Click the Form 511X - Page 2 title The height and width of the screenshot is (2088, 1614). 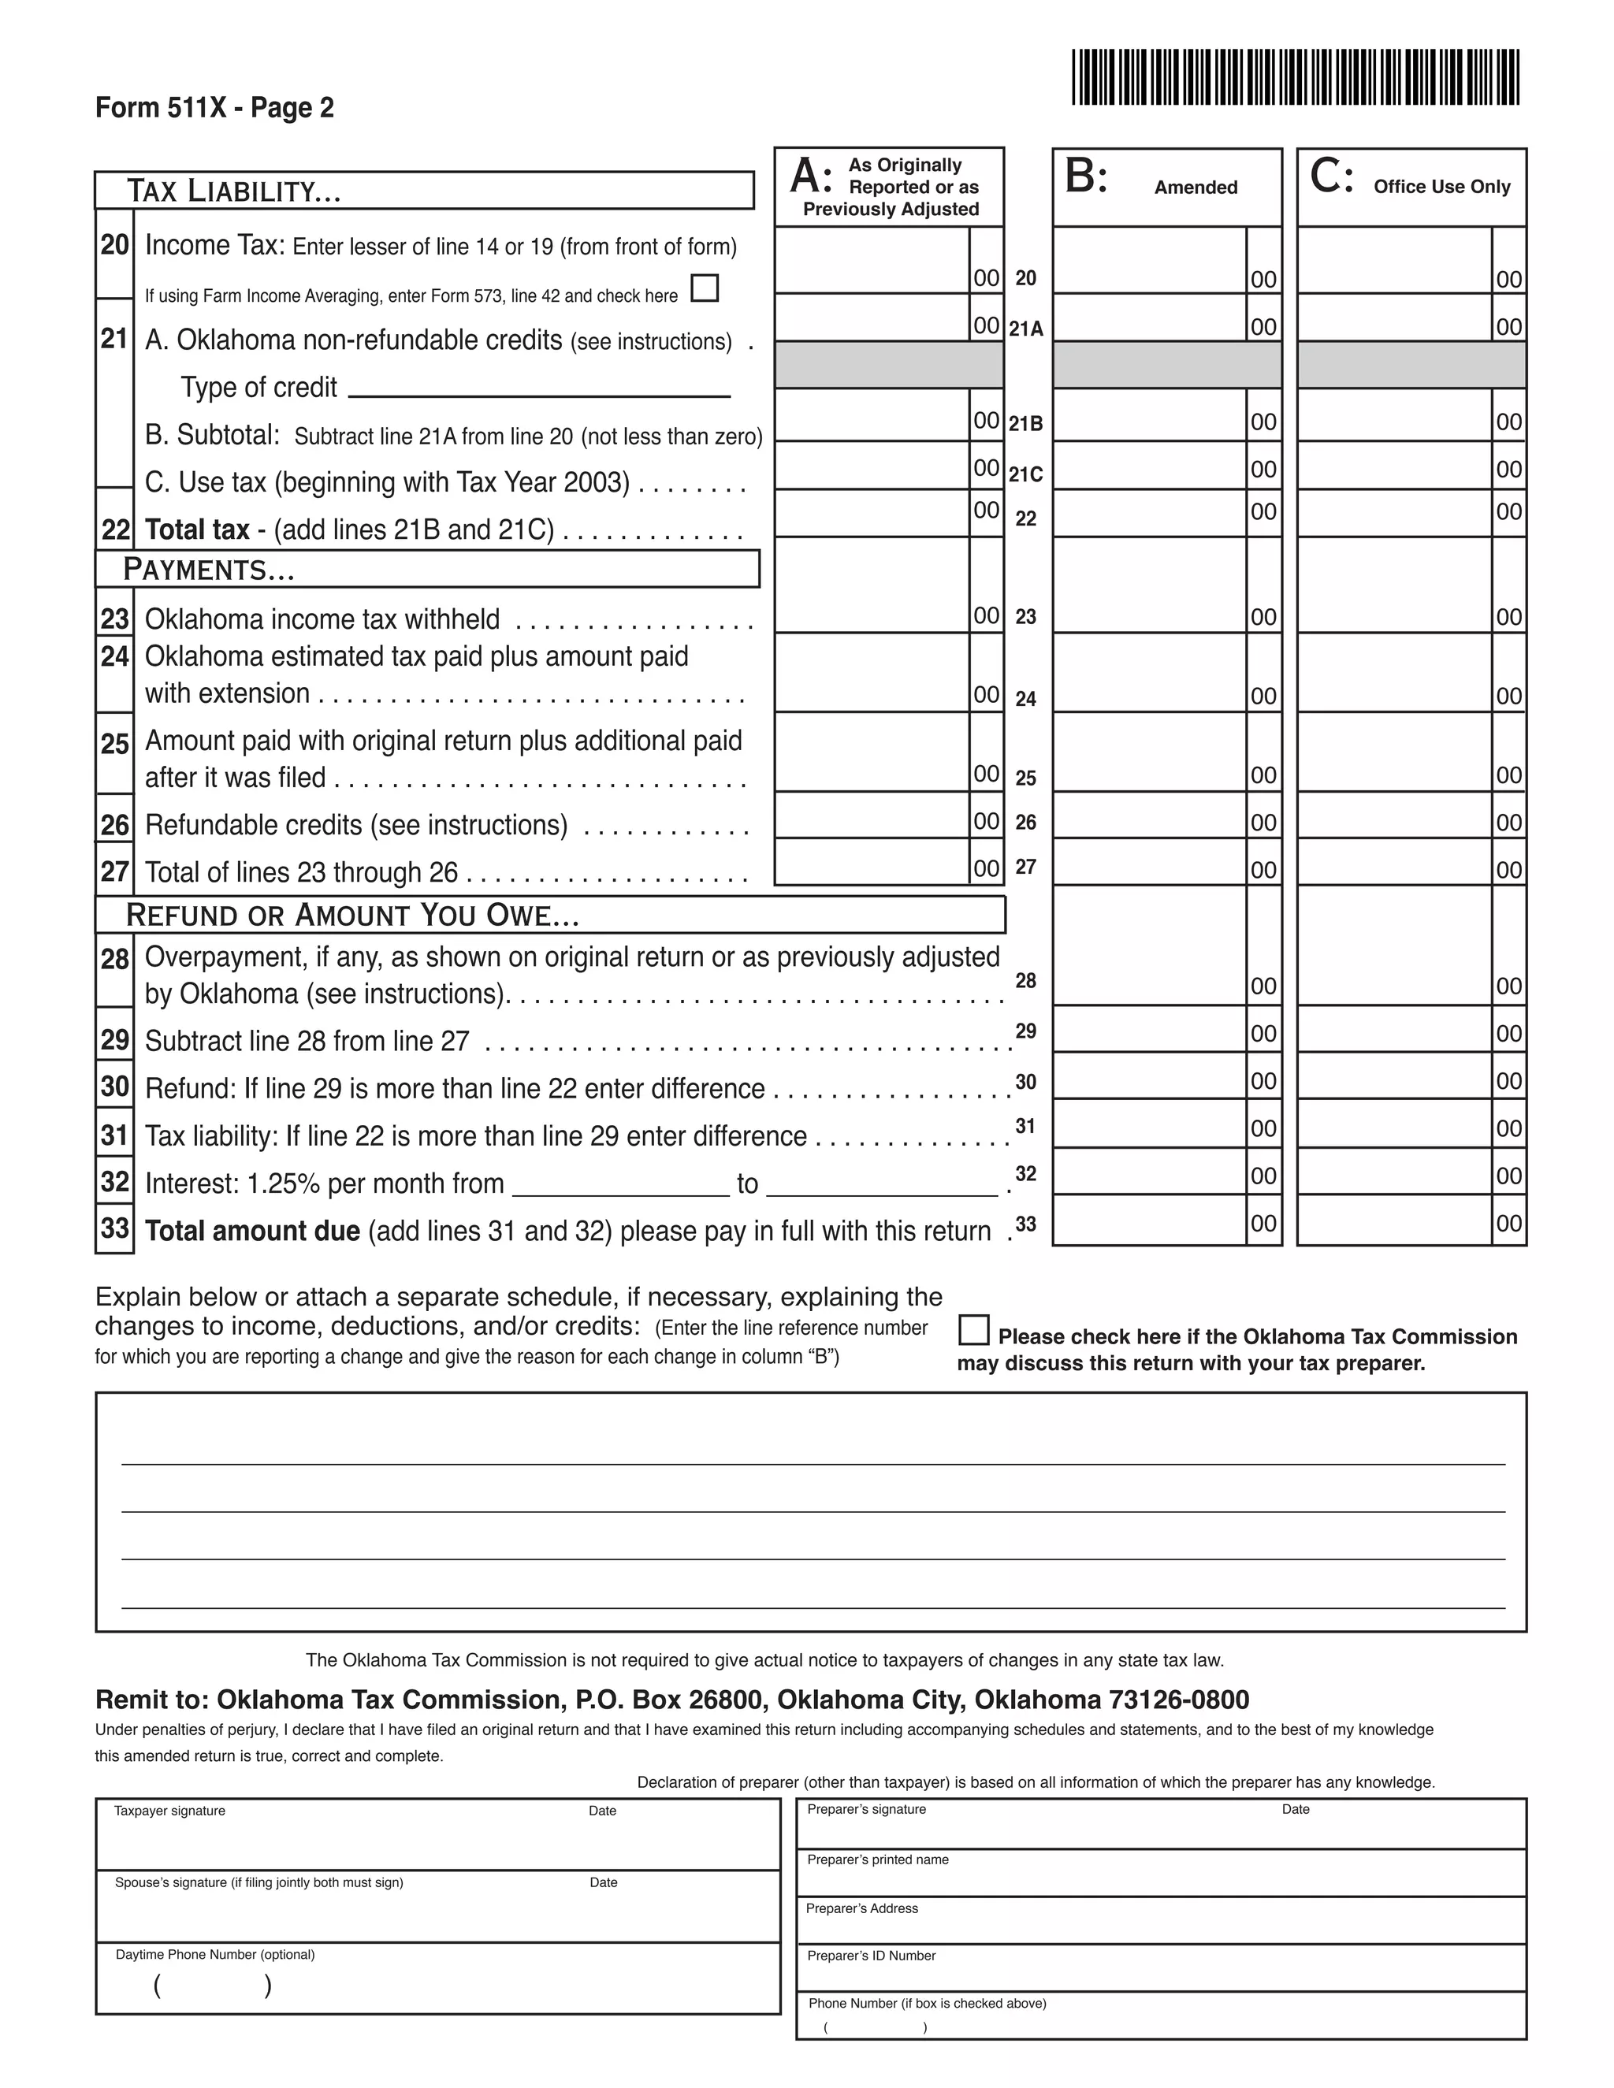coord(214,108)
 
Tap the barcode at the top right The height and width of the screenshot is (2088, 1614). coord(1295,77)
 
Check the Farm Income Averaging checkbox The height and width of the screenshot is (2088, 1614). coord(704,288)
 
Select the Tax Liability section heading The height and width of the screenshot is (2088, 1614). coord(233,191)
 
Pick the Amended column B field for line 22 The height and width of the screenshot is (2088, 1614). coord(1148,512)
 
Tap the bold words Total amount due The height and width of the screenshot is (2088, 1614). coord(252,1232)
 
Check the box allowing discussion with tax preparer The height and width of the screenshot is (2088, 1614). coord(973,1331)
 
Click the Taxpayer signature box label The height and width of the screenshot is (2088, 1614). coord(170,1811)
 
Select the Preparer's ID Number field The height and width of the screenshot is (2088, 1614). coord(1160,1967)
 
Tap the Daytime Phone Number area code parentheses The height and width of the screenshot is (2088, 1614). coord(212,1986)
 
